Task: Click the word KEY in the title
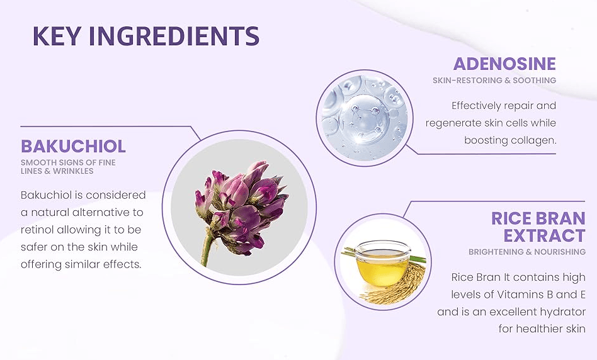click(x=57, y=36)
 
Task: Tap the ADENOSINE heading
click(x=504, y=64)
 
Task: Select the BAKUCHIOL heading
click(x=73, y=146)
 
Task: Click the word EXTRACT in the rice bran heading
click(x=544, y=235)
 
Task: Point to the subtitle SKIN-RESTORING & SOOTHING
click(x=494, y=81)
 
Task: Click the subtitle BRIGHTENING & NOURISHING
click(x=527, y=252)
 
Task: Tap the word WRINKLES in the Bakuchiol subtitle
click(x=73, y=171)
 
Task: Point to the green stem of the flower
click(x=206, y=249)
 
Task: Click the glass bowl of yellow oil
click(x=382, y=263)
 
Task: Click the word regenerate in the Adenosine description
click(x=445, y=123)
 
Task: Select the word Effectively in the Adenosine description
click(x=476, y=106)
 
